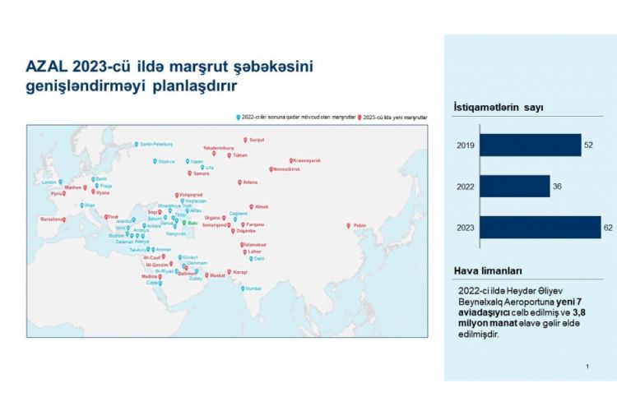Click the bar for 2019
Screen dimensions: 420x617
530,145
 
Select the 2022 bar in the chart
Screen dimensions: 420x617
514,187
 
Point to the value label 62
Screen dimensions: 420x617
609,227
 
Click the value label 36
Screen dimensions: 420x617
557,187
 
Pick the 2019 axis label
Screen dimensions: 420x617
465,145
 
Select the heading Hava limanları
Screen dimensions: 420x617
487,270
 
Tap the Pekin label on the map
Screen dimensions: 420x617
360,225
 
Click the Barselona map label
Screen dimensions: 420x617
52,219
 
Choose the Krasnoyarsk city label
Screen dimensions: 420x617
308,160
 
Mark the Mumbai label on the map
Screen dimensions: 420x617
252,288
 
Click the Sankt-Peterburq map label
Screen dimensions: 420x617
156,144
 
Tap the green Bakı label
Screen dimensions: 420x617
193,223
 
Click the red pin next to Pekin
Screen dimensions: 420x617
350,224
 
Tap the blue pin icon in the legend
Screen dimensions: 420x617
238,118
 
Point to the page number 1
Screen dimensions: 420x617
587,366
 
